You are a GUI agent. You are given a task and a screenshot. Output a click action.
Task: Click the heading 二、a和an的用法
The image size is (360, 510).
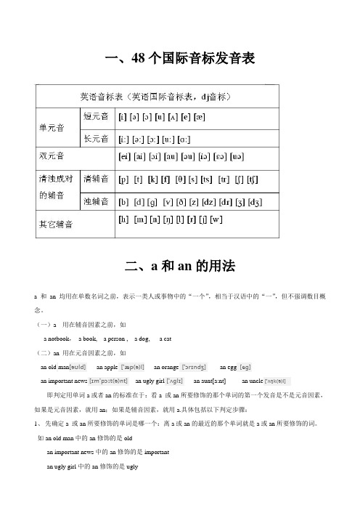(x=180, y=267)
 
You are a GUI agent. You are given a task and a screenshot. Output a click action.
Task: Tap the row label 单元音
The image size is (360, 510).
(x=52, y=126)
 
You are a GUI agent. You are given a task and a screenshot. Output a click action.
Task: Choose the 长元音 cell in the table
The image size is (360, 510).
(x=96, y=138)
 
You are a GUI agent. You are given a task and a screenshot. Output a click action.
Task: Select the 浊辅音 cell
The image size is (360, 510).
(x=97, y=201)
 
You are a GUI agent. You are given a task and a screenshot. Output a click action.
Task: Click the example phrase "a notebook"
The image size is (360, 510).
(x=58, y=339)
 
